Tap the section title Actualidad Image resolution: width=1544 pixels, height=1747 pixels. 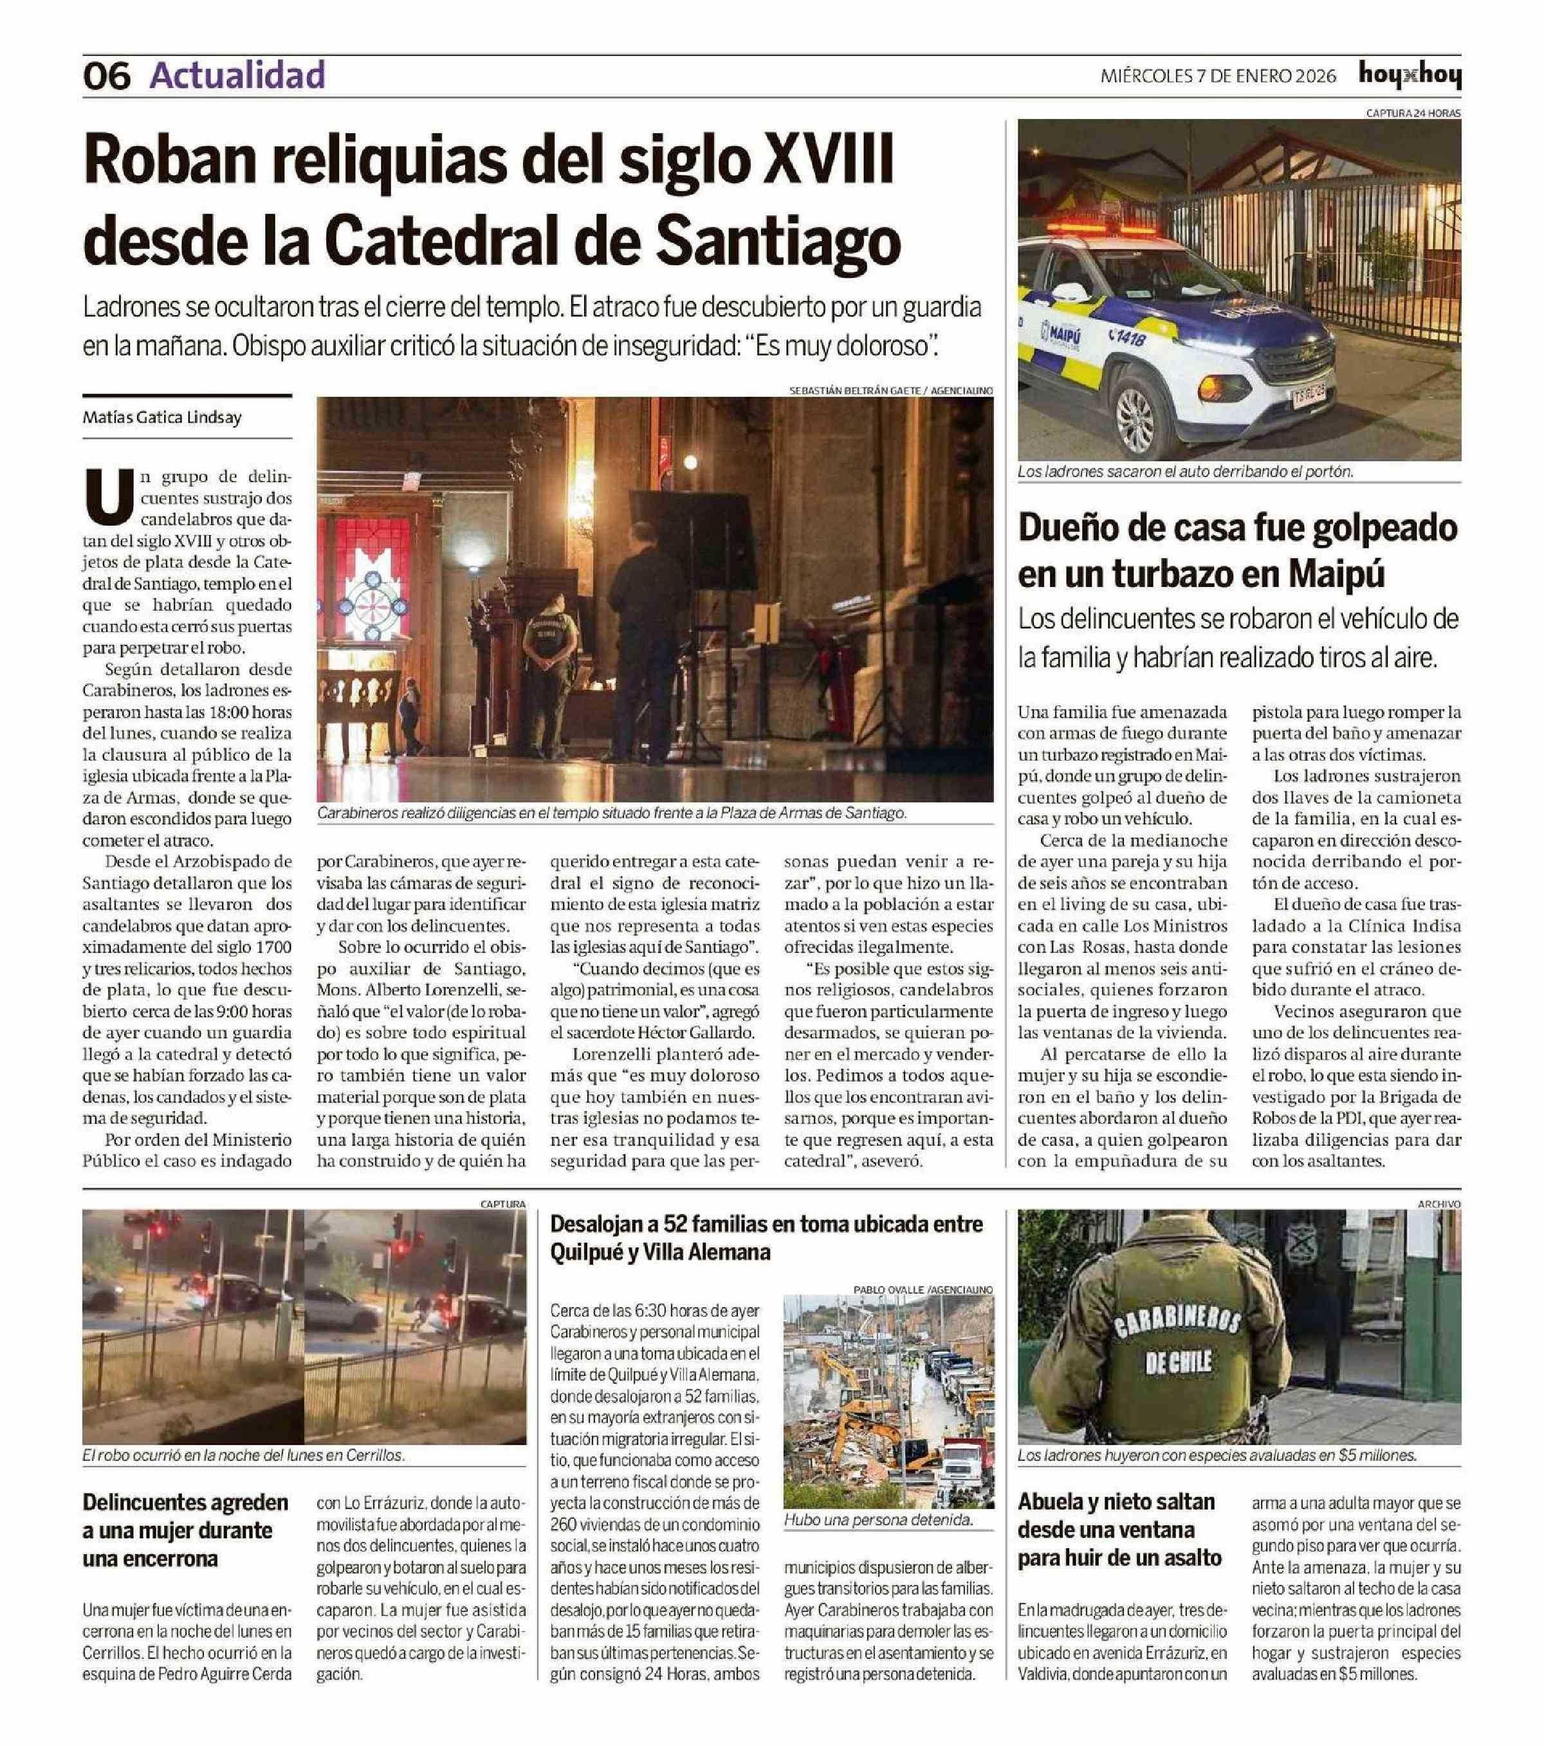point(237,75)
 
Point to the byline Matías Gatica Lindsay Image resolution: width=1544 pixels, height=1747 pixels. point(161,418)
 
